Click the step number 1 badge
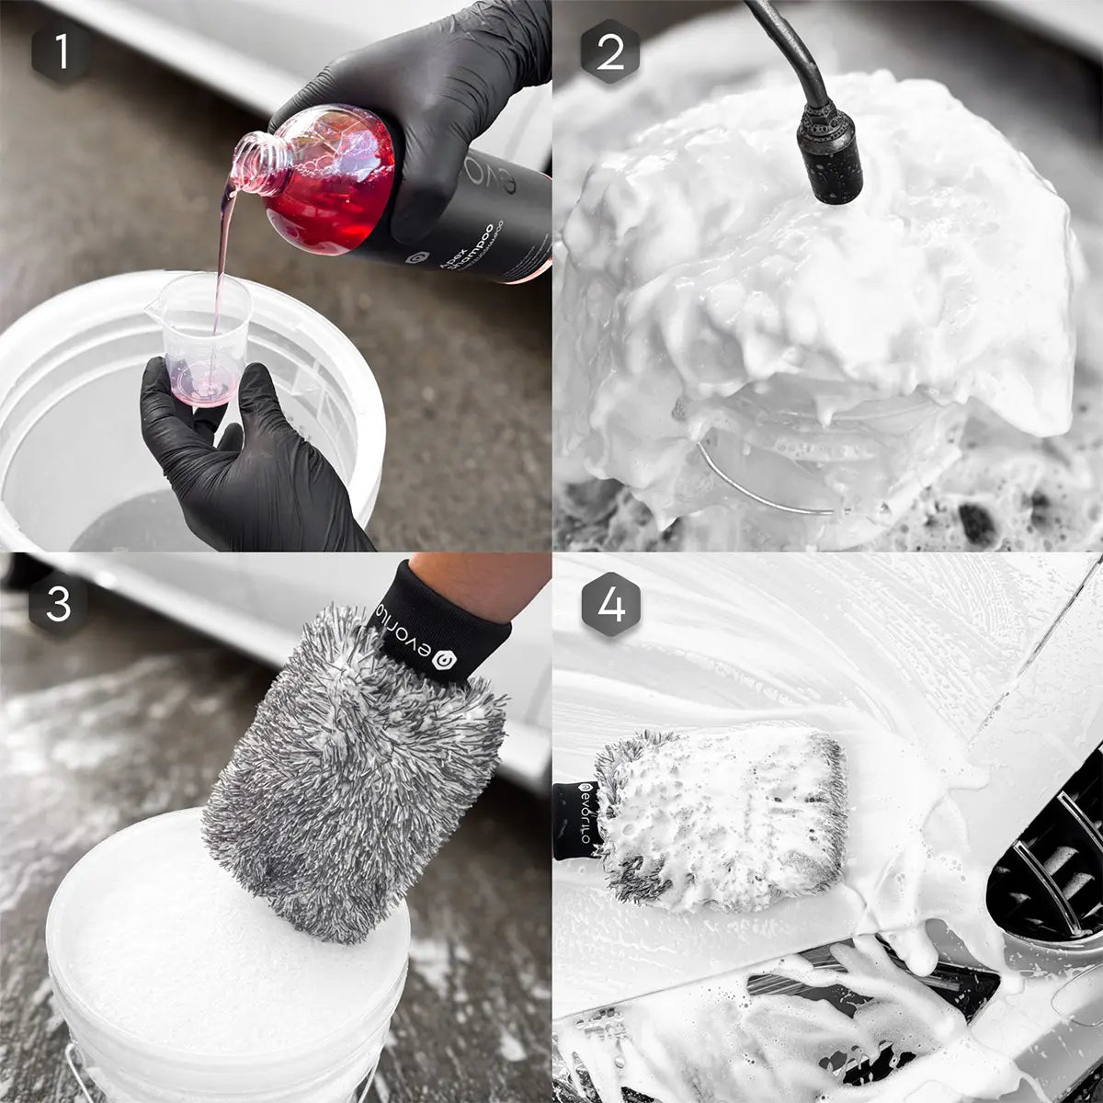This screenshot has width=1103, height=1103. pos(62,52)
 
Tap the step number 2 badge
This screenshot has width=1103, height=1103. pos(610,52)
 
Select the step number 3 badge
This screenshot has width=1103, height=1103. pos(59,605)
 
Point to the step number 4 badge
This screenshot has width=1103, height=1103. pos(610,605)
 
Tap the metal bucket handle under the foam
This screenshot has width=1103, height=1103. pos(763,487)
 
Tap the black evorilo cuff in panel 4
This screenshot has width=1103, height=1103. pos(577,818)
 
